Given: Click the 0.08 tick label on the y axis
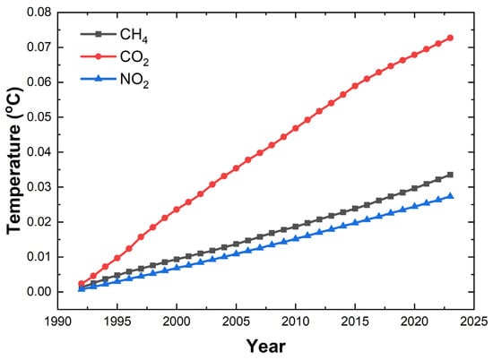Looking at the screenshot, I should pos(37,12).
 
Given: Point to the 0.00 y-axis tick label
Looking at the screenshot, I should pos(37,292).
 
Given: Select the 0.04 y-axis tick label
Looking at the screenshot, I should pos(37,152).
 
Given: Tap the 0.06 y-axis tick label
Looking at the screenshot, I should pos(37,81).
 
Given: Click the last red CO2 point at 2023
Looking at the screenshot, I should pos(450,38).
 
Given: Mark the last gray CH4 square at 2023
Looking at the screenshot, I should pos(450,175).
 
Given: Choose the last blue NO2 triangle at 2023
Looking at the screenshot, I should pos(450,196).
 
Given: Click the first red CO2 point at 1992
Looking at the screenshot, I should pos(82,284).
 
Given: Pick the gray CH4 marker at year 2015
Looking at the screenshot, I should pos(355,209).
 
